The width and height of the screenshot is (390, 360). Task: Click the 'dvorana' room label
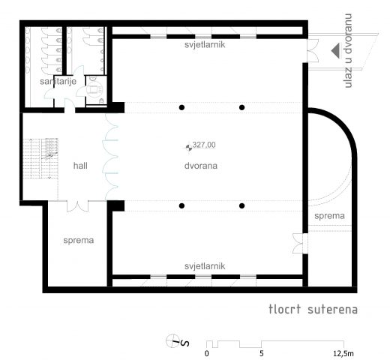201,166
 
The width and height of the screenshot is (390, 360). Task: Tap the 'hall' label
80,166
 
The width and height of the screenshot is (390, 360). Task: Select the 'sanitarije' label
58,81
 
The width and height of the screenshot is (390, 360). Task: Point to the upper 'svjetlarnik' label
205,44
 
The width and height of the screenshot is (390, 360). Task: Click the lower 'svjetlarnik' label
205,266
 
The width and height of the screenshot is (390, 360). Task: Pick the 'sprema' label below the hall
79,241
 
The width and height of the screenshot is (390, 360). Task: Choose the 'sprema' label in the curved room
329,216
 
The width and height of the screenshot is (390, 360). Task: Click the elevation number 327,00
204,145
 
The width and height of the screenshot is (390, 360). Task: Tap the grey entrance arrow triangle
335,51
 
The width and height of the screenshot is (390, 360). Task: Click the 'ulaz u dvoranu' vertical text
348,51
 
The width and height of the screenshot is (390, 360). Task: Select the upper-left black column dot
181,107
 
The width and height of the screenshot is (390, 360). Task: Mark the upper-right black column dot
241,107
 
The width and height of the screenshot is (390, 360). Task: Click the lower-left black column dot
181,205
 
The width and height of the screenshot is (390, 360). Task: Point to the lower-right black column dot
241,205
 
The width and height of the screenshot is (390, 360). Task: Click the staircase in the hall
40,158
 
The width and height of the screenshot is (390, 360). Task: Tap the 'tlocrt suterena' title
313,309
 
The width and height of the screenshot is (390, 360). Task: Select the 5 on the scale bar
262,353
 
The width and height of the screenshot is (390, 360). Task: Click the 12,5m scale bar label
343,353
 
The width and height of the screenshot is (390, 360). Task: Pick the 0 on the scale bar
206,353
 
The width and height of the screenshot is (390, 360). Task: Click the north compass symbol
177,341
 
